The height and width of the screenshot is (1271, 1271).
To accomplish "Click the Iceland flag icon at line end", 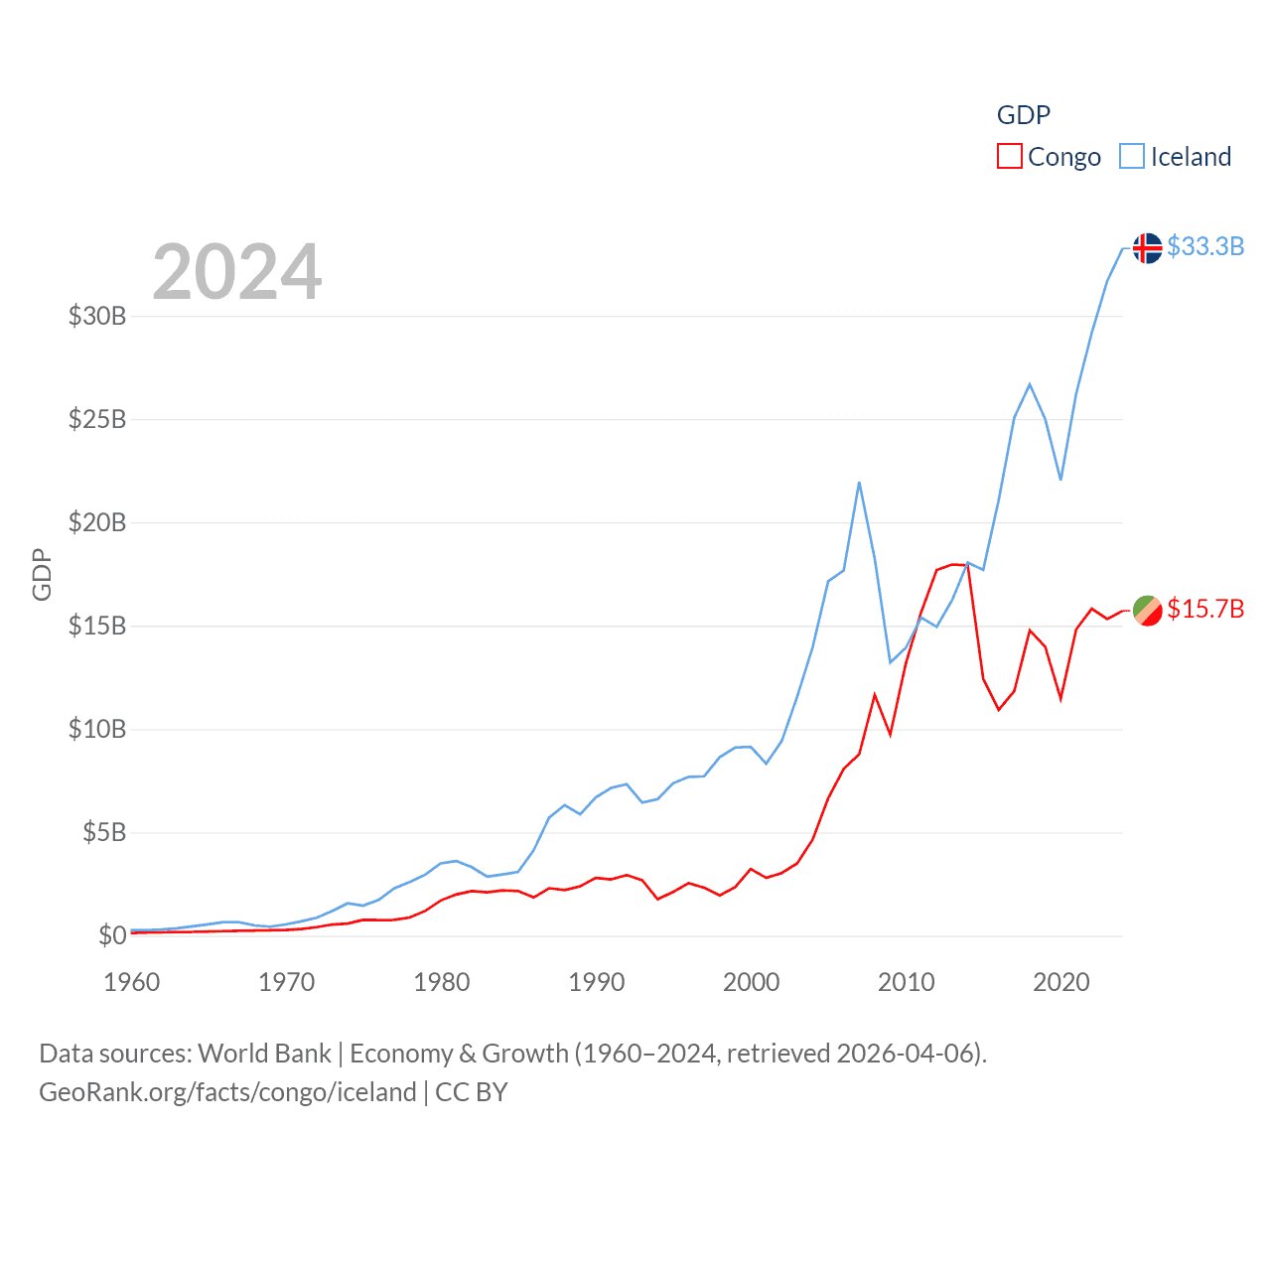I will point(1147,247).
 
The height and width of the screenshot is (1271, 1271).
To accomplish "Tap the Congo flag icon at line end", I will point(1147,610).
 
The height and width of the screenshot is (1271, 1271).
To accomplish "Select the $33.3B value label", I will point(1205,246).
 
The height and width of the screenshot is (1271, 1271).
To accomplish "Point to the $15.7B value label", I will point(1205,609).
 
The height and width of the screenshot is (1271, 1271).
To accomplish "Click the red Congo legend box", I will point(1010,157).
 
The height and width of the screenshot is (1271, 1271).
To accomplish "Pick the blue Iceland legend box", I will point(1132,157).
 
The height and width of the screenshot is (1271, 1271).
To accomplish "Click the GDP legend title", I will point(1024,115).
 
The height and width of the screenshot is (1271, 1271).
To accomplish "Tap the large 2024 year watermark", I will point(237,272).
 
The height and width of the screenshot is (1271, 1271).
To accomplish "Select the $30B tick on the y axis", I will point(97,317).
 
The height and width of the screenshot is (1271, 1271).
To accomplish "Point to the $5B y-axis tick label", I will point(104,832).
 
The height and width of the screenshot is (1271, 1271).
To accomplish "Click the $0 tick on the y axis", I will point(112,935).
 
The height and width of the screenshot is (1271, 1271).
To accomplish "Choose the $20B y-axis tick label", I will point(97,522).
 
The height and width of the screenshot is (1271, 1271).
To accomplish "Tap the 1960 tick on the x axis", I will point(132,982).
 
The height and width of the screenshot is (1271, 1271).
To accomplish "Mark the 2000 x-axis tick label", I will point(752,982).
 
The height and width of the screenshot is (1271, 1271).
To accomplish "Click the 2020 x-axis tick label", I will point(1061,982).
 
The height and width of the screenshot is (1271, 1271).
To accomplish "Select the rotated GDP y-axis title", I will point(42,574).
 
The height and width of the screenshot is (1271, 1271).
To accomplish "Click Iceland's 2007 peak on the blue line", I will point(859,483).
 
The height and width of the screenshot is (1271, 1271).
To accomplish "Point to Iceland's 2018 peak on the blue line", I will point(1030,384).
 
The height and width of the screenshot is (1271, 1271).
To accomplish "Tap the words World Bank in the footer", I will point(264,1054).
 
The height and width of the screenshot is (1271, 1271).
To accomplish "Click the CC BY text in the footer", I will point(472,1092).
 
